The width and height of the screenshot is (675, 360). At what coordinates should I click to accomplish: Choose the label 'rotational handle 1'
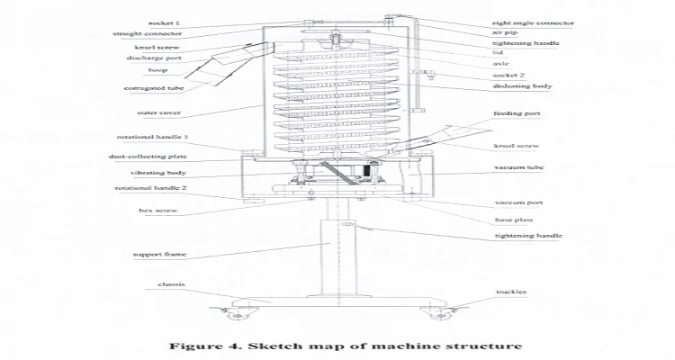(x=148, y=138)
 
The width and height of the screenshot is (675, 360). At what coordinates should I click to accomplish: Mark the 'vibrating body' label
(x=157, y=172)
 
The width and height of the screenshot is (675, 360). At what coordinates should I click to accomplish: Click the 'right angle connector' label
(x=533, y=22)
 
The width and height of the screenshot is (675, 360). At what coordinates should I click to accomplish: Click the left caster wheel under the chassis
(x=238, y=315)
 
